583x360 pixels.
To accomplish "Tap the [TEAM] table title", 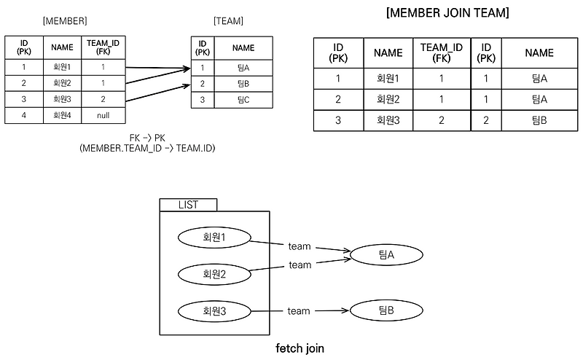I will click(x=229, y=22).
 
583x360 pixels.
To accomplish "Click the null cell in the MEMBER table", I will click(x=103, y=114).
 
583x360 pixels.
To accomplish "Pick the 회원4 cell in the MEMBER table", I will click(x=61, y=114).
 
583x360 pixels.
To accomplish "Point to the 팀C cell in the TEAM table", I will click(x=243, y=99).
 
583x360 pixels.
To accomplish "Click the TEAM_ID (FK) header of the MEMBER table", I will click(x=103, y=48).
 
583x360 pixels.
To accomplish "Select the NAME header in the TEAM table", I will click(x=243, y=48).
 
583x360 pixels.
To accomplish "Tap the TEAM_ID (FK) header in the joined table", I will click(x=442, y=53).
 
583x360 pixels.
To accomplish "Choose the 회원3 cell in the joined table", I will click(x=388, y=120).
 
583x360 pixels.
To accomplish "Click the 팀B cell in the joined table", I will click(x=539, y=120).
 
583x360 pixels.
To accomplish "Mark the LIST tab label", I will click(x=188, y=205).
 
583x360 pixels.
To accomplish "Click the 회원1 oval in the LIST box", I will click(x=215, y=237).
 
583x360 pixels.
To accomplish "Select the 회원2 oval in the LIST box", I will click(x=215, y=274).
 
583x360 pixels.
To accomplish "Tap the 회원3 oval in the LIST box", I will click(x=215, y=311).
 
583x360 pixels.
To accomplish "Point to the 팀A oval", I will click(x=386, y=254).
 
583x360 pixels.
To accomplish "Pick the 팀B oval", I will click(x=386, y=311).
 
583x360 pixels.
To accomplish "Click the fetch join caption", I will click(x=300, y=348).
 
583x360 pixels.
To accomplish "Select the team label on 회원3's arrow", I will click(x=299, y=311).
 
